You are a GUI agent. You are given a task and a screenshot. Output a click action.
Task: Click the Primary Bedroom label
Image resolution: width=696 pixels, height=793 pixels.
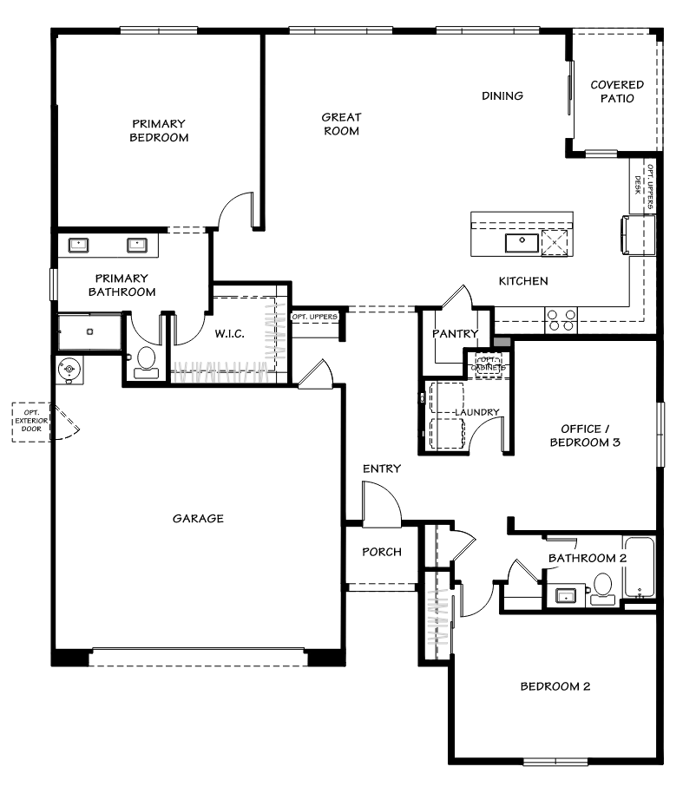(x=159, y=130)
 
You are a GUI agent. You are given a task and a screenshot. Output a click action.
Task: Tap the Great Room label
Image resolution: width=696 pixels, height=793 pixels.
(x=341, y=123)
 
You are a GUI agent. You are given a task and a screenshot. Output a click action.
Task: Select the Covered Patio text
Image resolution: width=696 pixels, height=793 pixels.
(x=616, y=91)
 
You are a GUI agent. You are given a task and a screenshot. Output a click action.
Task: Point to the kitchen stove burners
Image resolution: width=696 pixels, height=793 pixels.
(x=561, y=320)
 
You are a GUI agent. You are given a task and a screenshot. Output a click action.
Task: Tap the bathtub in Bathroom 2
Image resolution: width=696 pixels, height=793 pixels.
(x=639, y=568)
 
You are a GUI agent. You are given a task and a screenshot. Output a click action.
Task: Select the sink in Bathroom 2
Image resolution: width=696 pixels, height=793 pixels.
(x=565, y=595)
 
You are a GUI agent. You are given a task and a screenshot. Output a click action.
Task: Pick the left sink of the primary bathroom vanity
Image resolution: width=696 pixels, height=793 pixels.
(x=80, y=245)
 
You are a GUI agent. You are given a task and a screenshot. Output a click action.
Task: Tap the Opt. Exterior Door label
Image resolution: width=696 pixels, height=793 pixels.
(x=30, y=423)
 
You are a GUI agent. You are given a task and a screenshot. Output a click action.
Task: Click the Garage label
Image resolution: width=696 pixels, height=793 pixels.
(x=198, y=519)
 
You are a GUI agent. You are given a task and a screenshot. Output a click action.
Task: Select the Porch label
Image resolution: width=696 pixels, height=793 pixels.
(x=381, y=553)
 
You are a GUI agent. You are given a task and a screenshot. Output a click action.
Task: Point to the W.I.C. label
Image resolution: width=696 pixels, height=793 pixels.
(x=228, y=332)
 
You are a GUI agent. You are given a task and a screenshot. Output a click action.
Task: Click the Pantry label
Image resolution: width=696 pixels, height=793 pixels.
(x=456, y=333)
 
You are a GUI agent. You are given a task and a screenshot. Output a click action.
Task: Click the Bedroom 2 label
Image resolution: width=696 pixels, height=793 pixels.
(x=555, y=686)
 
